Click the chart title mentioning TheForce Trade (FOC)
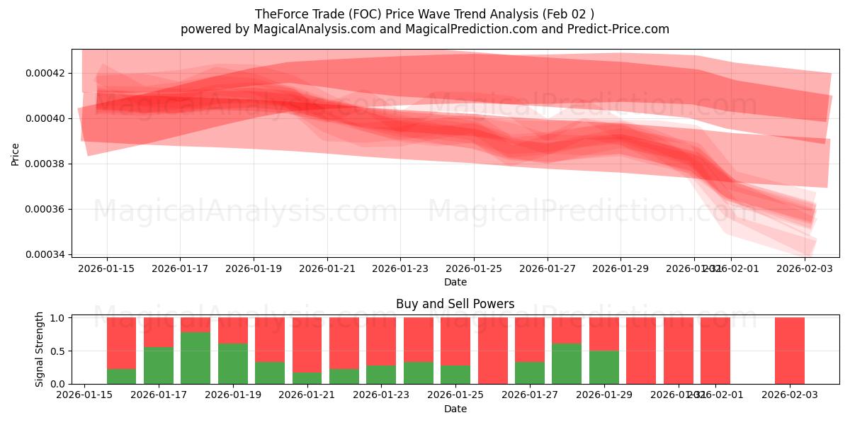(425, 13)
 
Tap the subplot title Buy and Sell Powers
(455, 304)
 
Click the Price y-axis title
(16, 153)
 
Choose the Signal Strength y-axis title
(40, 349)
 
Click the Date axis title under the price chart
(455, 282)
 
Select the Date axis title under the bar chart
(455, 409)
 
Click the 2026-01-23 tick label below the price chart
(400, 268)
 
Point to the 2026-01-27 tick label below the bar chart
(529, 394)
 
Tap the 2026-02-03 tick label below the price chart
(805, 268)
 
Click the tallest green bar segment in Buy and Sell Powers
(195, 358)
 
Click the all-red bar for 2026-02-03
(790, 351)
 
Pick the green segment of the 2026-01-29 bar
(604, 367)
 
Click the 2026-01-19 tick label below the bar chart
(233, 394)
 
